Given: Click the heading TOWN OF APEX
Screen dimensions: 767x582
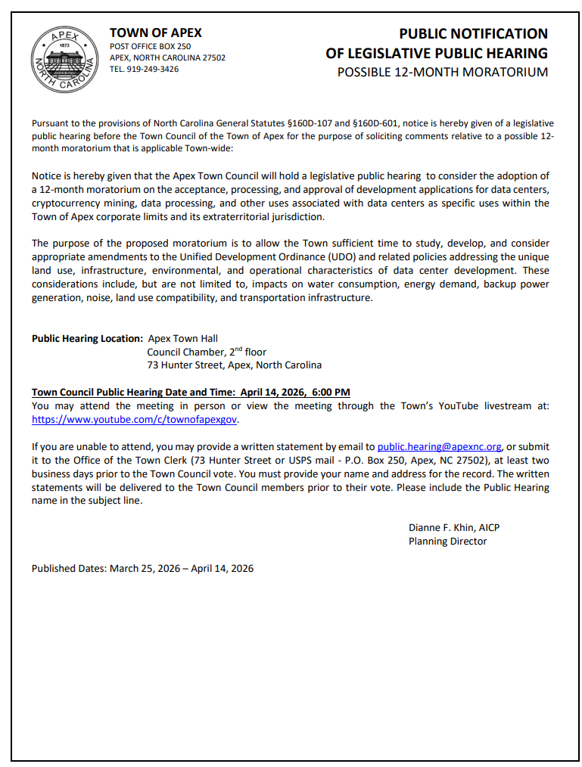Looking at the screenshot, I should (x=155, y=33).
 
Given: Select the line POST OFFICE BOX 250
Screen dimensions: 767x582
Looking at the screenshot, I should (x=150, y=46).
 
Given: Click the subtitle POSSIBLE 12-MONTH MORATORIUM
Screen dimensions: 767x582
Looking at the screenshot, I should (x=442, y=73).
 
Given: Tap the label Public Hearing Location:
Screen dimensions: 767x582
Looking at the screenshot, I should (x=87, y=338).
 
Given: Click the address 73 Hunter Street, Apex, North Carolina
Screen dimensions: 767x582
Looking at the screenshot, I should (x=234, y=365).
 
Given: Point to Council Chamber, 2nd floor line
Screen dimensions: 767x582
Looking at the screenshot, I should (x=207, y=352).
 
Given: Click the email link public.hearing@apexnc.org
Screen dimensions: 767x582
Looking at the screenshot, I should (x=439, y=447).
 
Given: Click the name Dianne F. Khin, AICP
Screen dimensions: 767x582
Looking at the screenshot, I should (x=453, y=527).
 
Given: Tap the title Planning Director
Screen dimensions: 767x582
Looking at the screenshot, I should (x=447, y=541).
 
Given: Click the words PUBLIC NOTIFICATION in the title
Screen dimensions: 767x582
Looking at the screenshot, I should (x=473, y=33).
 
